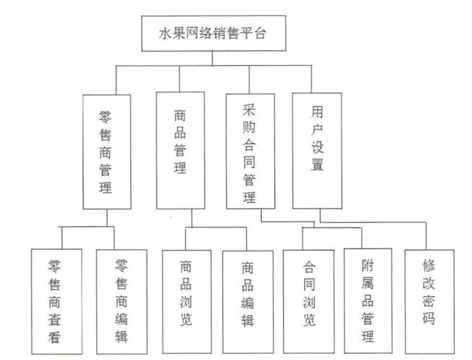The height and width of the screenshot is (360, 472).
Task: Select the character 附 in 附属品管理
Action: coord(367,265)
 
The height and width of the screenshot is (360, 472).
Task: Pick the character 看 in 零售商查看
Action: coord(57,338)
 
